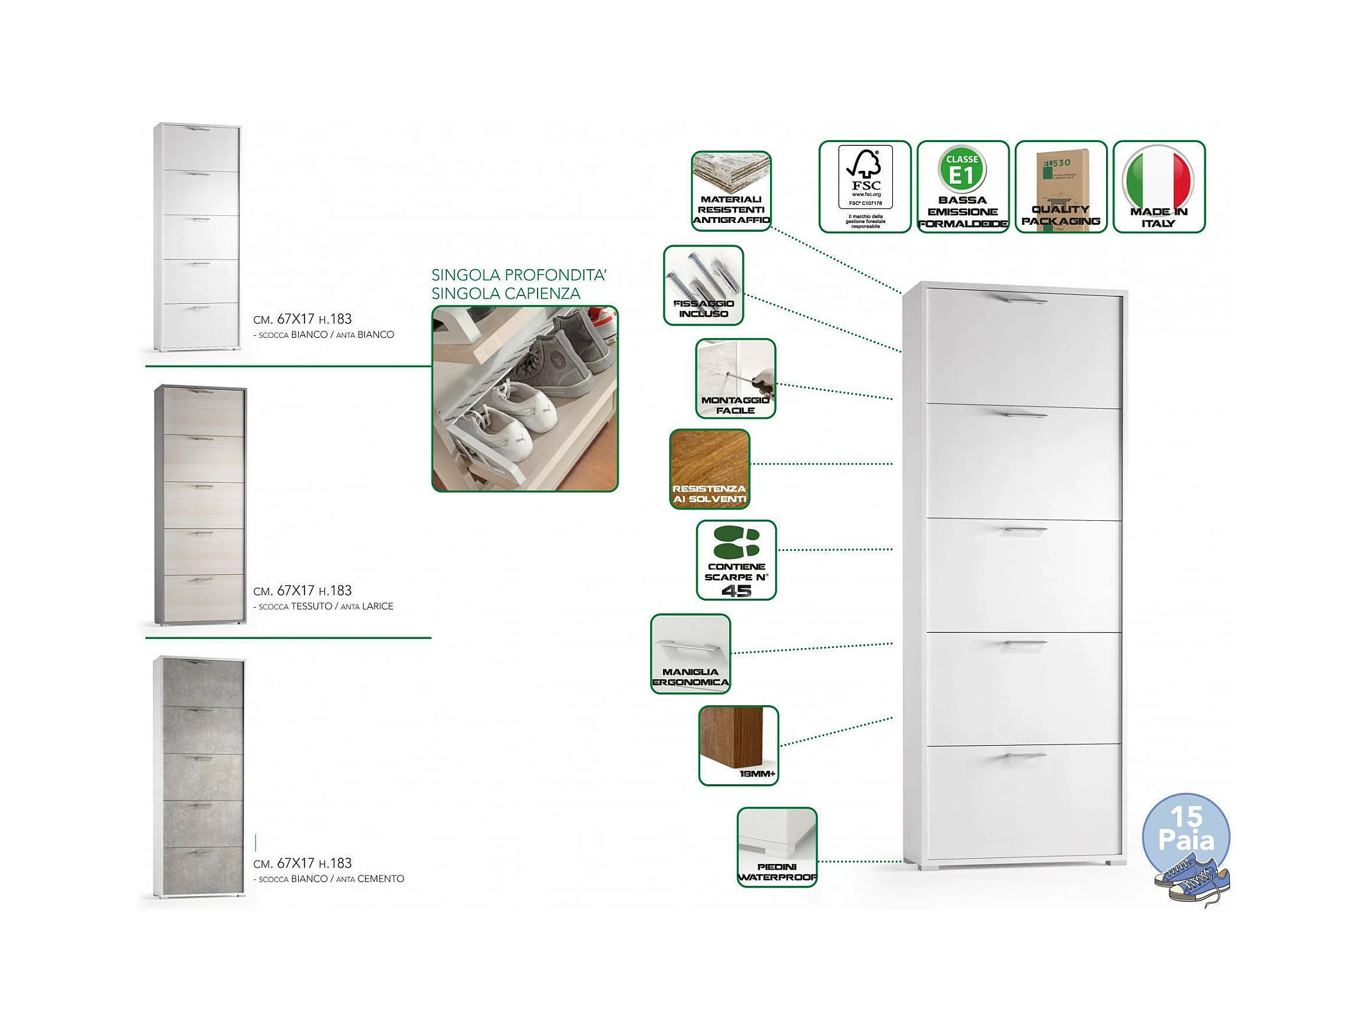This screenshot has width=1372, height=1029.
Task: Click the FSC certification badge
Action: (x=865, y=186)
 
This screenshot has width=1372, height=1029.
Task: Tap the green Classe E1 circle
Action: (x=962, y=169)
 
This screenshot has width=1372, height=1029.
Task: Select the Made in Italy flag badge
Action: (x=1159, y=186)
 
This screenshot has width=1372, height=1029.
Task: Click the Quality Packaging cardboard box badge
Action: (x=1060, y=186)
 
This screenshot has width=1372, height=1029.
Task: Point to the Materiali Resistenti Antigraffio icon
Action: (x=731, y=191)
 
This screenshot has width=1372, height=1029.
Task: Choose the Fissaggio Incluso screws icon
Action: (x=703, y=285)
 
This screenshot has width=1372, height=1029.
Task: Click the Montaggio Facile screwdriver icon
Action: (x=735, y=379)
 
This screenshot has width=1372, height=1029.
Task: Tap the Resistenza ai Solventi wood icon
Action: (x=710, y=469)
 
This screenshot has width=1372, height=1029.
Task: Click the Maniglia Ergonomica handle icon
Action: (x=690, y=653)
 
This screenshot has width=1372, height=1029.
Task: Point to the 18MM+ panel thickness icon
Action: (x=739, y=745)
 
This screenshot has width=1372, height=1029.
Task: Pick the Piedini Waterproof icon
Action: (x=777, y=847)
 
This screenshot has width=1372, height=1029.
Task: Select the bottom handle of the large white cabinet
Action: (x=1025, y=757)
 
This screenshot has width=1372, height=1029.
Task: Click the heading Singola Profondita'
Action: (x=518, y=275)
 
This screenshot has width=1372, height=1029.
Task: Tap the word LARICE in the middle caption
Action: (x=377, y=606)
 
